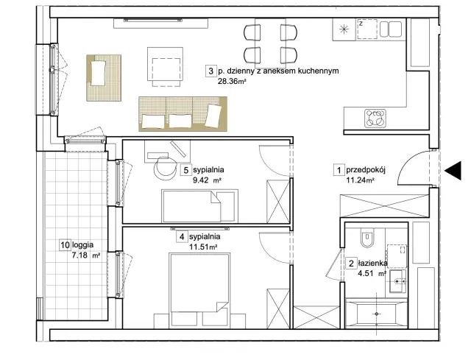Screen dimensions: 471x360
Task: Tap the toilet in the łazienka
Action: click(366, 237)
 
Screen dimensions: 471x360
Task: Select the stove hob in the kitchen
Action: click(375, 118)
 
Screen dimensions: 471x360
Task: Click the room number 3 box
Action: click(211, 71)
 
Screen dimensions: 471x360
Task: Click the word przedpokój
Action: click(366, 170)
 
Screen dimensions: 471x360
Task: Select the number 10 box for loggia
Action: click(65, 245)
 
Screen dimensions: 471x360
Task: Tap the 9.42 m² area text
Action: click(208, 180)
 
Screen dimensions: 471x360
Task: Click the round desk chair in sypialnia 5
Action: click(165, 169)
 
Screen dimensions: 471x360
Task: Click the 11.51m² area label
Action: click(203, 247)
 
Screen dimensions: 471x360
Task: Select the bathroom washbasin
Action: click(398, 281)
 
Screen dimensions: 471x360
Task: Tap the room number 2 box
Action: click(351, 264)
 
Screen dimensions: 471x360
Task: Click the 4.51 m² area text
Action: click(372, 274)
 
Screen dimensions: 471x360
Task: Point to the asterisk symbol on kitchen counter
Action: click(344, 29)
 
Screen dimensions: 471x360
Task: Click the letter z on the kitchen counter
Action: click(361, 23)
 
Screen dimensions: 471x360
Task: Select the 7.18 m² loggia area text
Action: click(85, 255)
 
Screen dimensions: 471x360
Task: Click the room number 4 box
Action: click(182, 237)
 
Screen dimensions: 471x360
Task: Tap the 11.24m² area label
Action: click(360, 180)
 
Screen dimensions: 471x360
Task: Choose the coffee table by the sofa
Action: click(165, 67)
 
